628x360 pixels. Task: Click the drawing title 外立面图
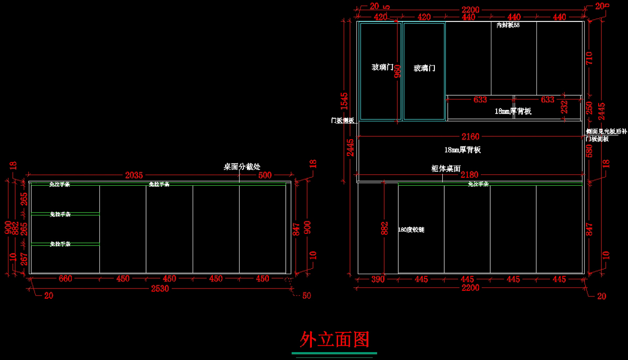point(334,340)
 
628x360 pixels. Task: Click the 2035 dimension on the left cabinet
point(134,175)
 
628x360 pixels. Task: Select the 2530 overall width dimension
point(160,288)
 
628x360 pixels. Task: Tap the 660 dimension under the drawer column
point(65,279)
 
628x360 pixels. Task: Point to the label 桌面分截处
point(242,166)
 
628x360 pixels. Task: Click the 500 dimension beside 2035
point(265,175)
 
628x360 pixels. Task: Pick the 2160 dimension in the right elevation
point(469,137)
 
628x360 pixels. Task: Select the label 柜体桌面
point(445,168)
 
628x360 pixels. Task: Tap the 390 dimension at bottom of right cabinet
point(378,279)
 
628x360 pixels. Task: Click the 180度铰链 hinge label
point(411,230)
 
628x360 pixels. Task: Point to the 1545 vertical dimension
point(344,101)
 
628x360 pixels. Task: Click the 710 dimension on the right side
point(589,58)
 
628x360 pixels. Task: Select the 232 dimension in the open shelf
point(564,107)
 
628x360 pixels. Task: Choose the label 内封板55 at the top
point(508,25)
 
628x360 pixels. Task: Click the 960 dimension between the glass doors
point(398,71)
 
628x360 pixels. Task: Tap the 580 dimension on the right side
point(589,151)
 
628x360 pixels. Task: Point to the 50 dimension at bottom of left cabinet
point(306,296)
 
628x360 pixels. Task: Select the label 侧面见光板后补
point(606,132)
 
